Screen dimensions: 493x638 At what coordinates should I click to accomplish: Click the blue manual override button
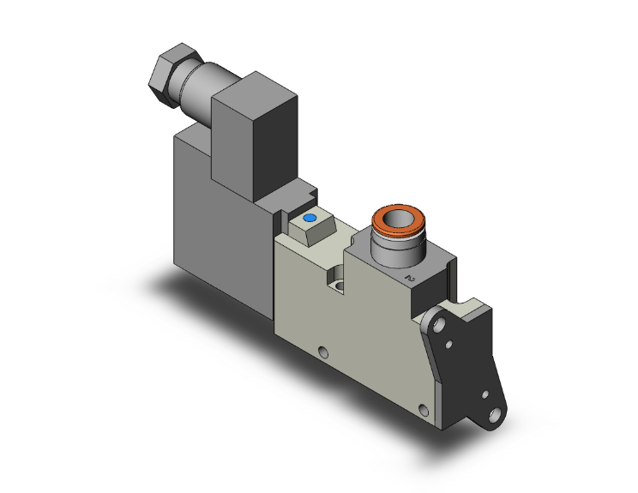click(x=310, y=219)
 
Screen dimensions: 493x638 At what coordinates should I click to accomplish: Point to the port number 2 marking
click(x=410, y=277)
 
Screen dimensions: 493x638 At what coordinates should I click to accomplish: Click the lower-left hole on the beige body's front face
click(x=322, y=351)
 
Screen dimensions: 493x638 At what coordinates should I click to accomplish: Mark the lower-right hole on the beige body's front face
click(x=421, y=409)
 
